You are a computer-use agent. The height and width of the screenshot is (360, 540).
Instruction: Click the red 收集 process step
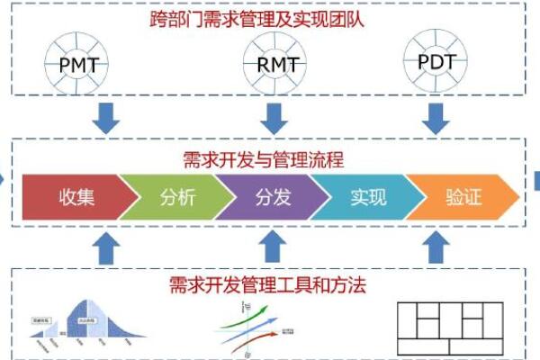click(x=75, y=197)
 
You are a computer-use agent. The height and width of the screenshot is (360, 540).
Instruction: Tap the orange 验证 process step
click(x=463, y=197)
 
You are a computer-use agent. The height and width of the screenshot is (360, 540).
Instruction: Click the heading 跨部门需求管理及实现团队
click(x=269, y=17)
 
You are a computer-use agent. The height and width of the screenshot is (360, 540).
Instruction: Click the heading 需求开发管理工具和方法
click(x=269, y=286)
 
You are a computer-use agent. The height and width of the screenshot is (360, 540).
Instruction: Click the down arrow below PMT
click(x=107, y=117)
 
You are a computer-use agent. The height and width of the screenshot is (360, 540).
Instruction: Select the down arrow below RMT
click(x=273, y=117)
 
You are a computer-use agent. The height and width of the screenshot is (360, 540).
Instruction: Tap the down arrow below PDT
click(x=436, y=117)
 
